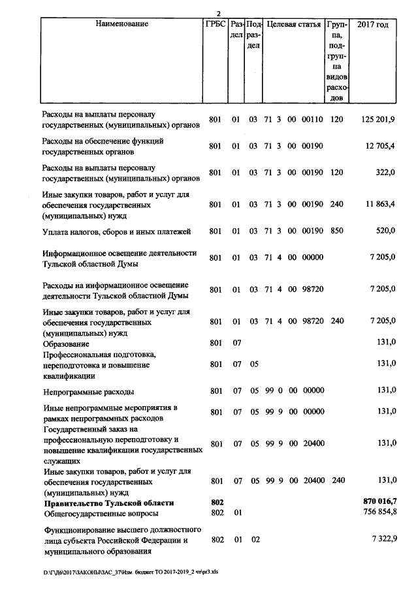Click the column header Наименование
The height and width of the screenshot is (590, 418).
pyautogui.click(x=121, y=25)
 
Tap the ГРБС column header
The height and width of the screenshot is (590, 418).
pyautogui.click(x=215, y=25)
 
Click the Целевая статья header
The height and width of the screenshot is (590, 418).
pyautogui.click(x=293, y=25)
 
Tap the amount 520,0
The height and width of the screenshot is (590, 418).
pyautogui.click(x=385, y=231)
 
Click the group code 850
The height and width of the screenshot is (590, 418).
pyautogui.click(x=336, y=231)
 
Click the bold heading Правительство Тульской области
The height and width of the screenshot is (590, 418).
pyautogui.click(x=108, y=503)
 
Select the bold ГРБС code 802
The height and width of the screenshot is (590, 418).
pyautogui.click(x=217, y=501)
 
